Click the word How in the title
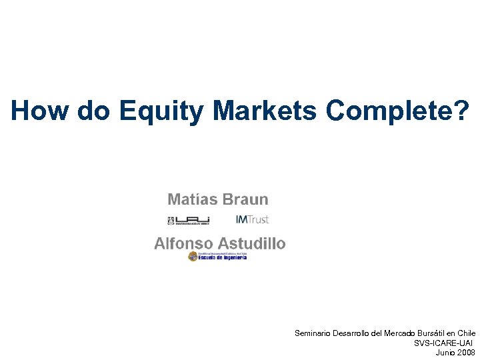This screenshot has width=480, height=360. (40, 111)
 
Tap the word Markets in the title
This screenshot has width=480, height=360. (265, 111)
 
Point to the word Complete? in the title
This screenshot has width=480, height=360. (397, 111)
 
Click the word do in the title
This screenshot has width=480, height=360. (95, 111)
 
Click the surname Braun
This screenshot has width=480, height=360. (247, 199)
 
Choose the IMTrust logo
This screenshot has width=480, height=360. (252, 219)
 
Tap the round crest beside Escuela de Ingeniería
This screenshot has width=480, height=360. (193, 257)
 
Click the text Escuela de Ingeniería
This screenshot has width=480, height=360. (223, 257)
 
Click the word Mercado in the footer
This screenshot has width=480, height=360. (403, 332)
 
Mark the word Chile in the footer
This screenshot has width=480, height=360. (467, 332)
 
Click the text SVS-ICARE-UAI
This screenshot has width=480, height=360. (445, 342)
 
